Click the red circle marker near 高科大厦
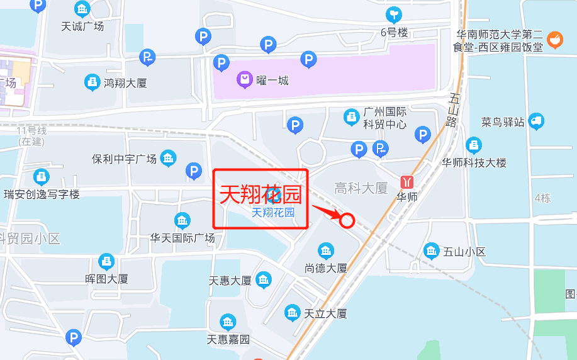[347, 220]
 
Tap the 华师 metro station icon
[407, 181]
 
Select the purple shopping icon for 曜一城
[244, 80]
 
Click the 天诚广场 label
[82, 26]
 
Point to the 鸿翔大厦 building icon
[92, 82]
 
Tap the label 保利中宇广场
[124, 159]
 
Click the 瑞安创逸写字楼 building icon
[42, 177]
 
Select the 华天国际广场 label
[182, 238]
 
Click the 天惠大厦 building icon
[264, 279]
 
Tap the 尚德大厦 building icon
[326, 250]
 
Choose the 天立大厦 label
[325, 313]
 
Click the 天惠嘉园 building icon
[228, 323]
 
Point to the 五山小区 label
[464, 252]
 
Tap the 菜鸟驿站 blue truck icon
[536, 121]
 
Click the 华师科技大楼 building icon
[474, 146]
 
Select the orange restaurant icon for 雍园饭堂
[554, 40]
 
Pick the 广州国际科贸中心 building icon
[351, 117]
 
